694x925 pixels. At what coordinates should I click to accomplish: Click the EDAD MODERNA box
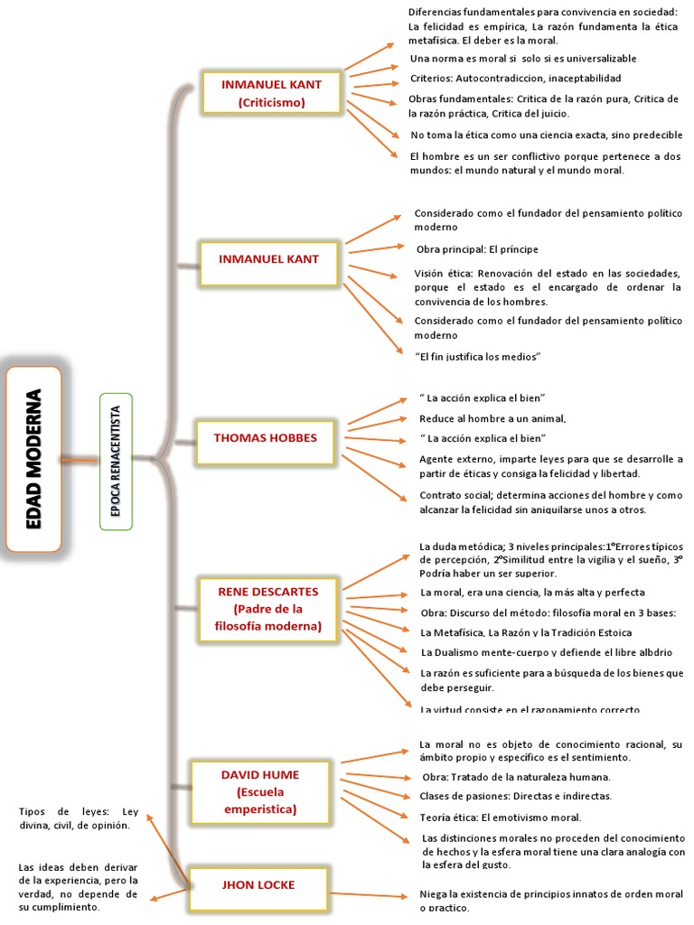[33, 459]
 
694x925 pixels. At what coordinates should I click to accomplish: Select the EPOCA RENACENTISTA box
[116, 461]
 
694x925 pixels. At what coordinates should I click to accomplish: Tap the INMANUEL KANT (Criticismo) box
[272, 93]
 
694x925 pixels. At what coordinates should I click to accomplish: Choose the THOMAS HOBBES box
[266, 438]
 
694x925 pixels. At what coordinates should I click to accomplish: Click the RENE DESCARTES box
[268, 609]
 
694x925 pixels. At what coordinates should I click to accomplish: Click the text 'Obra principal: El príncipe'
[477, 248]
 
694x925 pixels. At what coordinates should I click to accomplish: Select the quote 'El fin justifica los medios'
[477, 357]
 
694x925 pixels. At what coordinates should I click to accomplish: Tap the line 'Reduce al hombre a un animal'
[492, 418]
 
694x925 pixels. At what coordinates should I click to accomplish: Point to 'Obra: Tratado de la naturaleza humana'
[516, 777]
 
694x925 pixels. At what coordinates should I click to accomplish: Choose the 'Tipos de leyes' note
[79, 818]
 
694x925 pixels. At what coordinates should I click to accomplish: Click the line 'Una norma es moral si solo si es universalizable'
[522, 59]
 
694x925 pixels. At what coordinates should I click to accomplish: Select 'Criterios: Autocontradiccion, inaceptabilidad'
[515, 78]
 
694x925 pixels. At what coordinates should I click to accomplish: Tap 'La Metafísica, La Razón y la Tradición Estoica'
[526, 632]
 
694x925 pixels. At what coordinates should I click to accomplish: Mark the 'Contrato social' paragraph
[550, 502]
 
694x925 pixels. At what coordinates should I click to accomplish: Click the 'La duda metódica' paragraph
[551, 559]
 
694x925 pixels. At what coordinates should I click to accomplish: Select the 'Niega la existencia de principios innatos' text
[551, 900]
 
